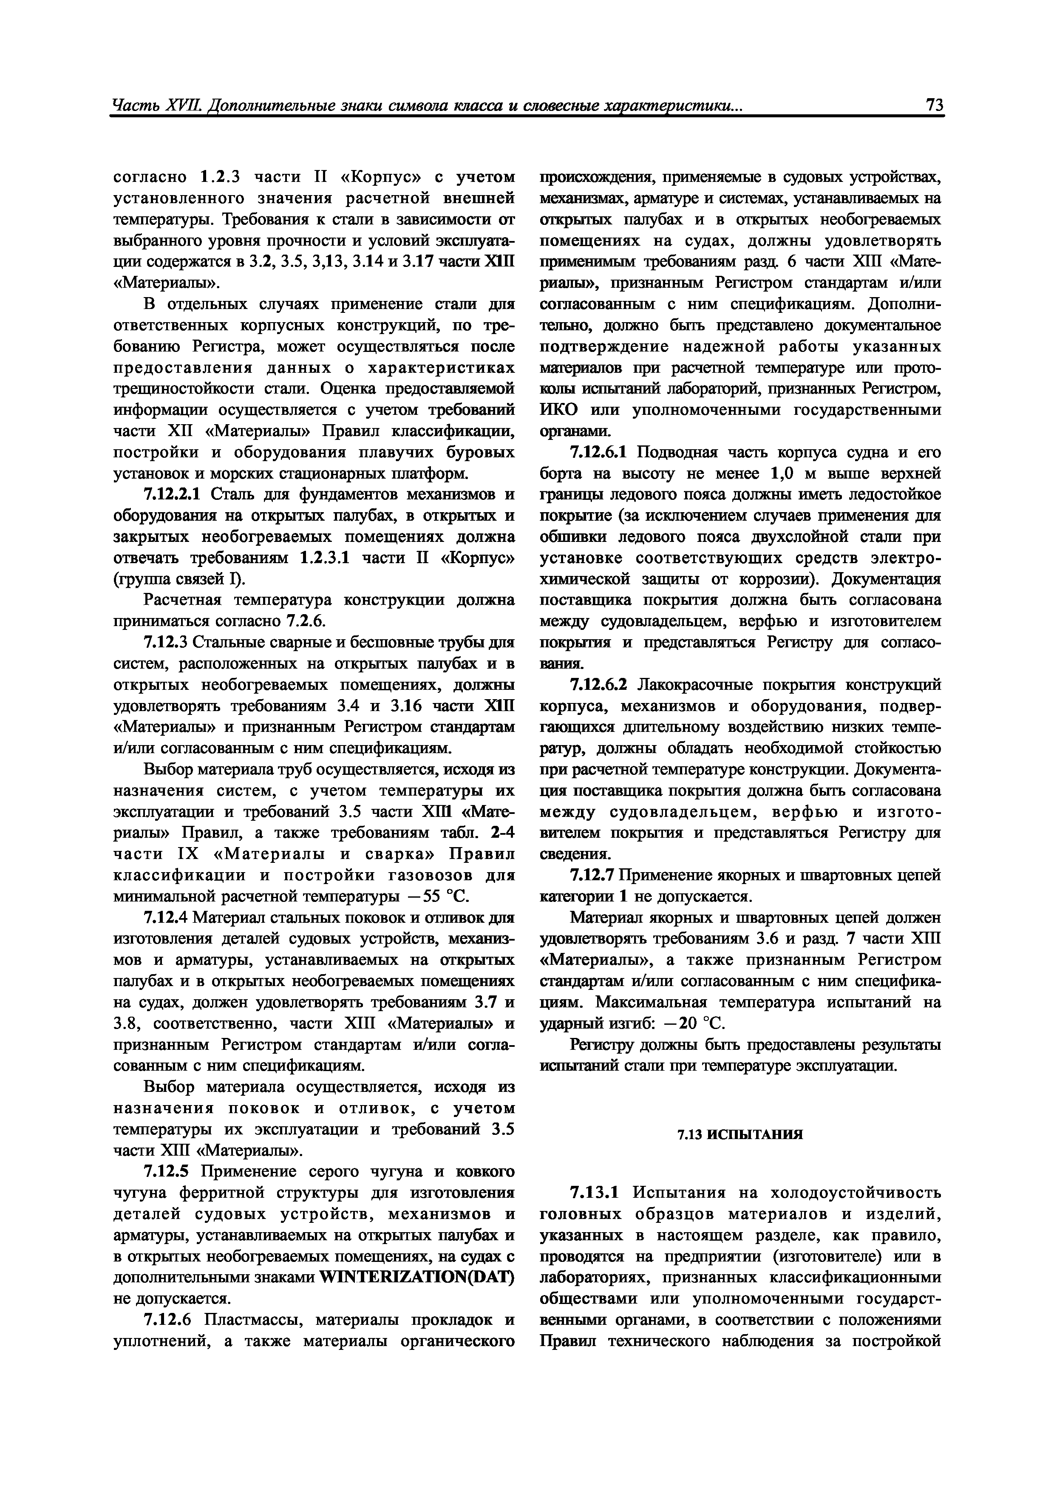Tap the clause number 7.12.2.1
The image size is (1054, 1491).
point(173,495)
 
